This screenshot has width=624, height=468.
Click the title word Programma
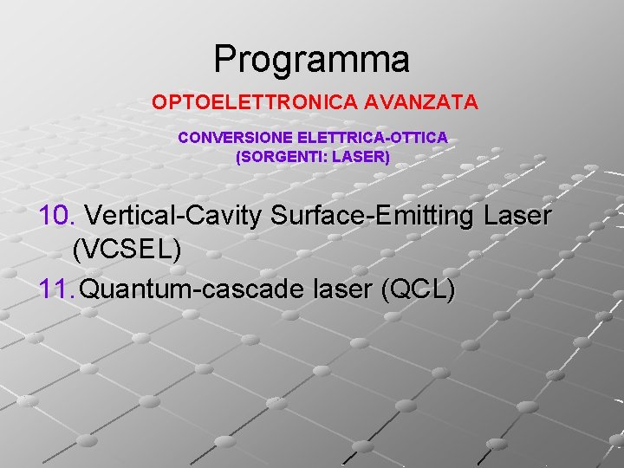tap(311, 60)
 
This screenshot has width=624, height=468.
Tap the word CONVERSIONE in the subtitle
tap(236, 138)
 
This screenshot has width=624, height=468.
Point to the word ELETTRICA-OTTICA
tap(373, 138)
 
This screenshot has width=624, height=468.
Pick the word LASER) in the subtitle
tap(361, 158)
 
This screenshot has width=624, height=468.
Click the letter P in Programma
tap(224, 60)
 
